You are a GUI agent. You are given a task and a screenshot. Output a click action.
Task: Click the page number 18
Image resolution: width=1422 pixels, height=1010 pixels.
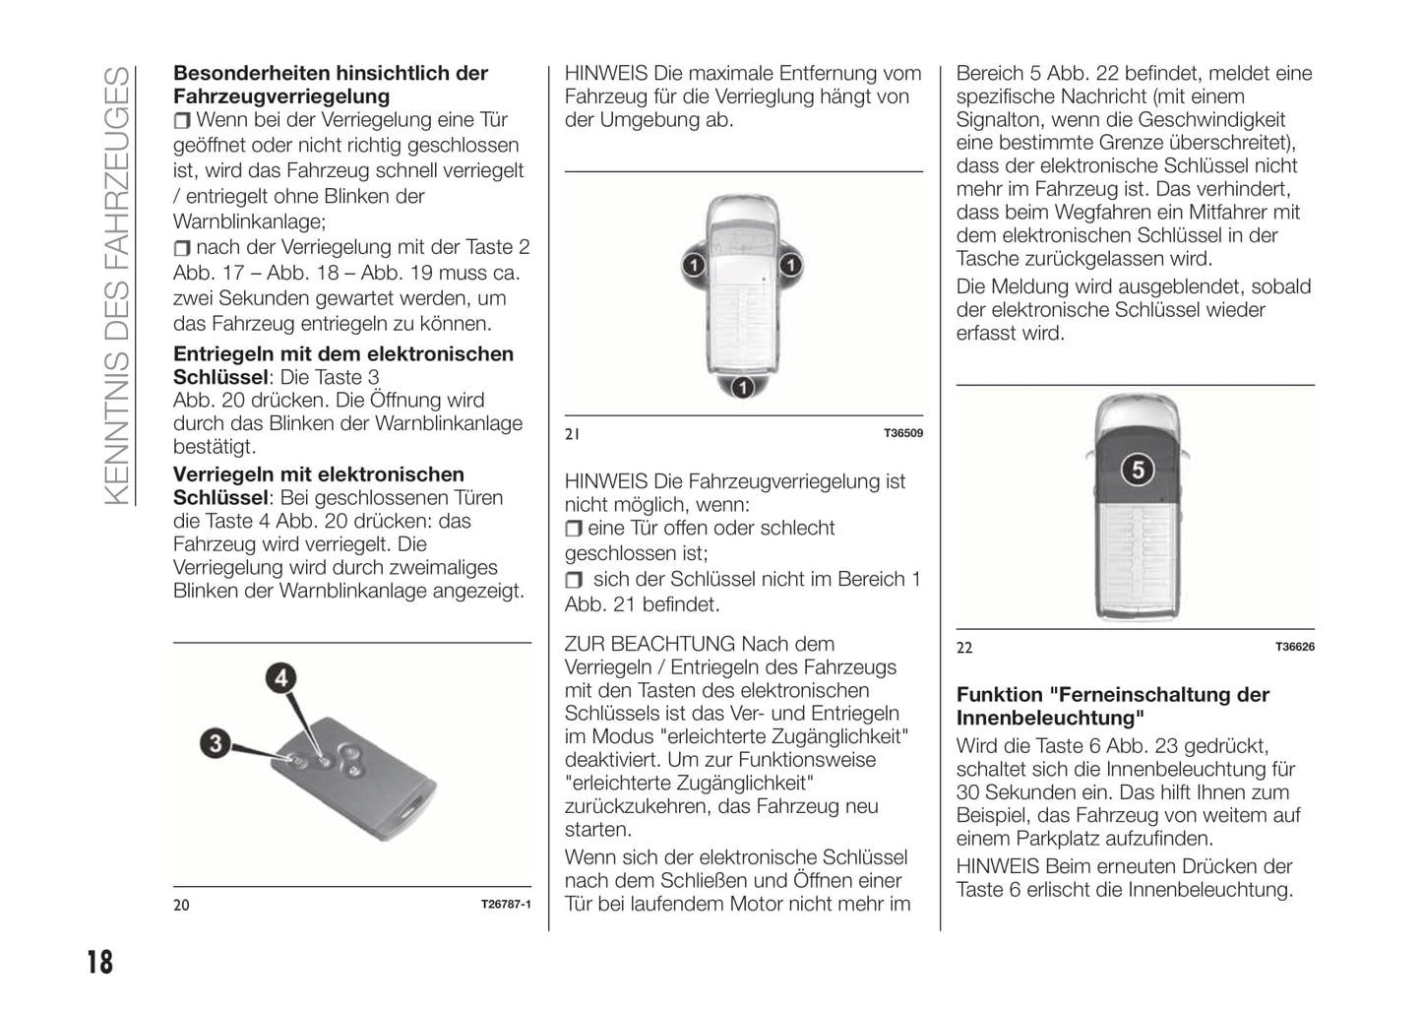99,961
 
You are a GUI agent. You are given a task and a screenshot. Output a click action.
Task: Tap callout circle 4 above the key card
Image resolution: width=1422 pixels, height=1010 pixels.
281,678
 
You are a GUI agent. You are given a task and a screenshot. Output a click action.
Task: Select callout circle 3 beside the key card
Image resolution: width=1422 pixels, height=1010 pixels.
216,742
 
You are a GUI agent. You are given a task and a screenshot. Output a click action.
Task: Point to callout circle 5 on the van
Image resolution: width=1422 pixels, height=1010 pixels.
1137,470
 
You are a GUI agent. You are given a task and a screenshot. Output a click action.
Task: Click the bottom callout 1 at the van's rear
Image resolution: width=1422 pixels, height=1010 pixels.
743,387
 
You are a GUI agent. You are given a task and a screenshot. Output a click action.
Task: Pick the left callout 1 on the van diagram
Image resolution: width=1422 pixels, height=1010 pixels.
694,265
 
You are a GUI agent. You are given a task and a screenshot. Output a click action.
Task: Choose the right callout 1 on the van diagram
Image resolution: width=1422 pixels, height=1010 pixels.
791,265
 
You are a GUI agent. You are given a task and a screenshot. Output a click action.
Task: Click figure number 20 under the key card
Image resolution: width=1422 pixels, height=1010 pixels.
181,905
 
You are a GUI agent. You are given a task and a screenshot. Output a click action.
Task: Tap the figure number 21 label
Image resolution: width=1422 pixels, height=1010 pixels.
572,433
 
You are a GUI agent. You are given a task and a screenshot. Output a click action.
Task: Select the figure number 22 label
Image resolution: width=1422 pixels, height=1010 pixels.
964,647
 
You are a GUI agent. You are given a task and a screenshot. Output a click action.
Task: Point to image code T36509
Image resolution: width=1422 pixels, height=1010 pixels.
902,433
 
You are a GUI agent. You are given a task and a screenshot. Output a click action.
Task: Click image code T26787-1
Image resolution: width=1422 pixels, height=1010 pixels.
506,905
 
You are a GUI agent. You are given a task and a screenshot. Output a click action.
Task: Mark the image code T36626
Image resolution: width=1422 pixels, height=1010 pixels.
1294,647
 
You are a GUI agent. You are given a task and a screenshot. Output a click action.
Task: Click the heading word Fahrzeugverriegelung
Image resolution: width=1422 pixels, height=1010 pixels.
281,96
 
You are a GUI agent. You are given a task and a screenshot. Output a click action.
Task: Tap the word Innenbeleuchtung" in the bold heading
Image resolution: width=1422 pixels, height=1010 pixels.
1050,718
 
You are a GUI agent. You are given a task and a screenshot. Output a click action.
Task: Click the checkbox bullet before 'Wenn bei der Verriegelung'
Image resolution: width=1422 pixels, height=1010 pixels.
182,121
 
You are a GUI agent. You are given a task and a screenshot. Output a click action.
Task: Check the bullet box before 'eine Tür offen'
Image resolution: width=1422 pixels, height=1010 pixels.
574,529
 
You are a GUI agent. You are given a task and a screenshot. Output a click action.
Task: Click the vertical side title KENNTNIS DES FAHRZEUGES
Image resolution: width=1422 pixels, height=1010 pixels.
116,285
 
